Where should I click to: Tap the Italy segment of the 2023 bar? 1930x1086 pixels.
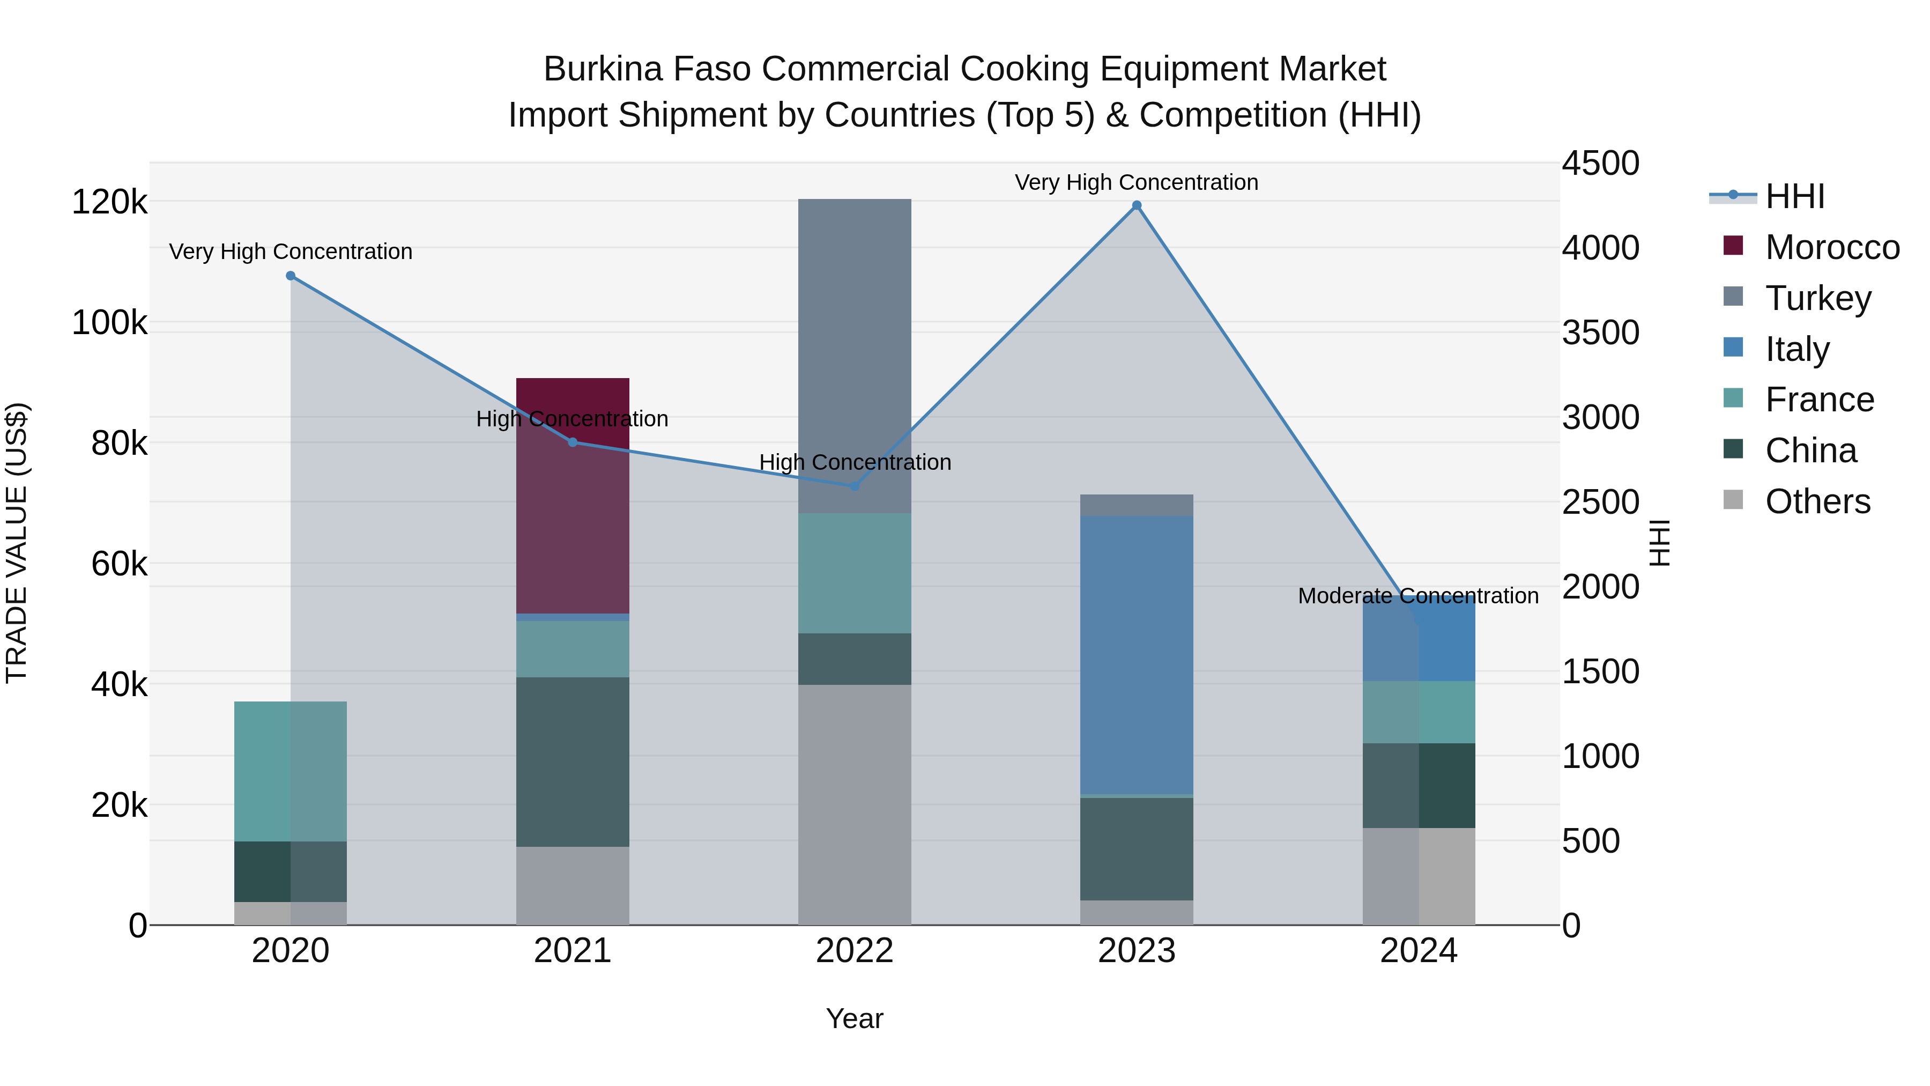pyautogui.click(x=1136, y=654)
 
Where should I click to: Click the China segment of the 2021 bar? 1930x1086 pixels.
pyautogui.click(x=573, y=762)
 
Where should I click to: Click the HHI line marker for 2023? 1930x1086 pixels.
pyautogui.click(x=1136, y=205)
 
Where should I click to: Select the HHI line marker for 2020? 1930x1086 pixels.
pyautogui.click(x=291, y=276)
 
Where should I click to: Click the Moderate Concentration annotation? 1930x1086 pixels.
pyautogui.click(x=1417, y=596)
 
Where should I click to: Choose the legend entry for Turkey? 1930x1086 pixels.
pyautogui.click(x=1817, y=298)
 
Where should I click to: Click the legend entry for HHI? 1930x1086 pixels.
pyautogui.click(x=1794, y=196)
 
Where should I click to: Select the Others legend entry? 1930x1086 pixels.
pyautogui.click(x=1817, y=501)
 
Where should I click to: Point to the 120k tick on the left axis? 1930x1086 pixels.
pyautogui.click(x=109, y=202)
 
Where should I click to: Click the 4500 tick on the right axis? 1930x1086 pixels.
pyautogui.click(x=1600, y=164)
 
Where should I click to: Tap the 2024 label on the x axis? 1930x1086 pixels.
pyautogui.click(x=1417, y=951)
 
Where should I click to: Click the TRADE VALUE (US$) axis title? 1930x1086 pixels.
pyautogui.click(x=17, y=543)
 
